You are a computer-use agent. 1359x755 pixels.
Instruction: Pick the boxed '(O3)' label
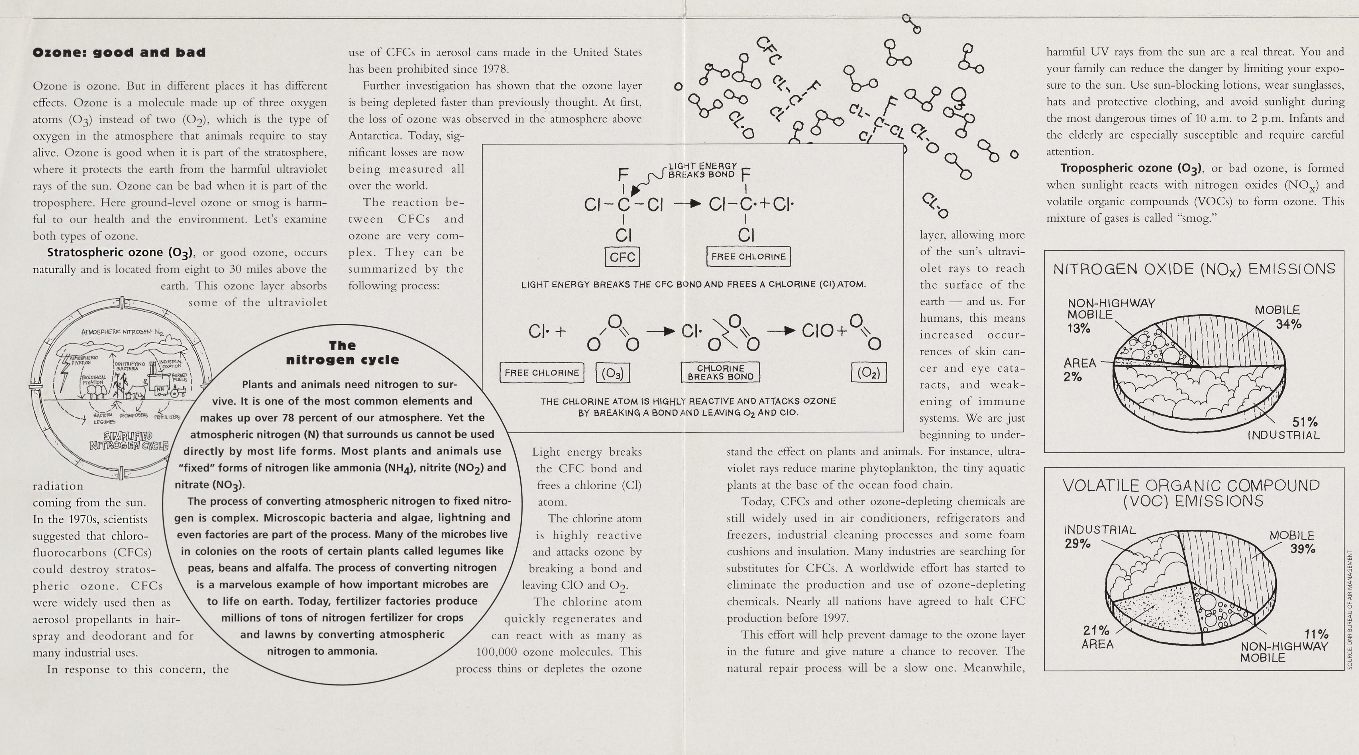(x=613, y=373)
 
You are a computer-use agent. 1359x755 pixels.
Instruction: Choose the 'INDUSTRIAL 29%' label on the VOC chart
(x=1099, y=536)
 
